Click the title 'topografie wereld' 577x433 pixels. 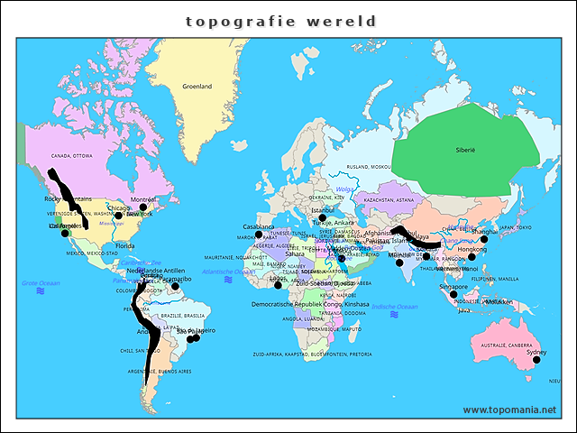(281, 21)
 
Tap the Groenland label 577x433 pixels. (197, 87)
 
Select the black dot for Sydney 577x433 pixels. (536, 360)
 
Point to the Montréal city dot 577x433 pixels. (142, 207)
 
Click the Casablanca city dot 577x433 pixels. (259, 235)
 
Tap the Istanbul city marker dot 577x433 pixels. (322, 217)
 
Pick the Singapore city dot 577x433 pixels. (453, 294)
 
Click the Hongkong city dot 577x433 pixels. (472, 257)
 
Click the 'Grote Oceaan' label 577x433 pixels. (41, 283)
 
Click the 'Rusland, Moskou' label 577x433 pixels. (369, 167)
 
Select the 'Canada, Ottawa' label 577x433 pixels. (71, 155)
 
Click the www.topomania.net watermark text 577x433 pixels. (509, 410)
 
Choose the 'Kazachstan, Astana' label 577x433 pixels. (389, 199)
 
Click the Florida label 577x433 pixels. (124, 245)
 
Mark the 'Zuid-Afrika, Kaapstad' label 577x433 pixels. (312, 354)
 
